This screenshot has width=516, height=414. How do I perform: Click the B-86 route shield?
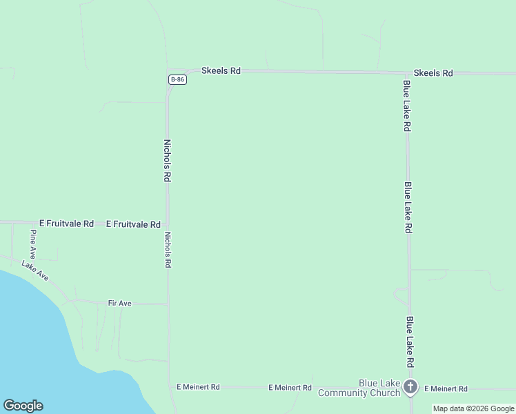178,79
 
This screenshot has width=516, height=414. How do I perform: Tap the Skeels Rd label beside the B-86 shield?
221,70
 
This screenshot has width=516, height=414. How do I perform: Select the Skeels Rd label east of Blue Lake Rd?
433,72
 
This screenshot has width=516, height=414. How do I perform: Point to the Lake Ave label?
35,270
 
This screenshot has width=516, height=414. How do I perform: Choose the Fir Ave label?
119,303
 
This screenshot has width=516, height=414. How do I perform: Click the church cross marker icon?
411,387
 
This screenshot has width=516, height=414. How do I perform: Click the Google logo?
23,405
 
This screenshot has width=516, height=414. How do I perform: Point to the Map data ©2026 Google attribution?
473,408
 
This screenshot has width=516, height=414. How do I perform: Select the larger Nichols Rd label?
167,160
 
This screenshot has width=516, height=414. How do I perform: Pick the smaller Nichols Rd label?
168,249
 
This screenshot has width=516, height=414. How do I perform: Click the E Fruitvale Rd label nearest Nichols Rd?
133,224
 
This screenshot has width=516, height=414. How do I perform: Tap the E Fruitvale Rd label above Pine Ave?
66,224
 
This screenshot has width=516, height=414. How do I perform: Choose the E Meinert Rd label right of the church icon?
446,389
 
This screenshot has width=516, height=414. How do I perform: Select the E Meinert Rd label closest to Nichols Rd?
198,388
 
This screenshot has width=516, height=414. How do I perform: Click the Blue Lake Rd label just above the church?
410,342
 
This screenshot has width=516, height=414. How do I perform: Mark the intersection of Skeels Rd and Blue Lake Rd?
406,72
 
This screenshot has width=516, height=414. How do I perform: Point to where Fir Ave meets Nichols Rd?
168,303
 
